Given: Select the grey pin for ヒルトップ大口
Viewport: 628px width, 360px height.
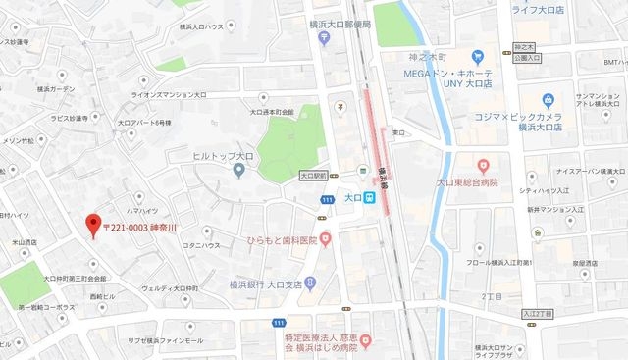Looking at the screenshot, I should coord(237,172).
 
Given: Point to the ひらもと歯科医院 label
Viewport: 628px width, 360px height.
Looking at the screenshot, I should coord(269,240).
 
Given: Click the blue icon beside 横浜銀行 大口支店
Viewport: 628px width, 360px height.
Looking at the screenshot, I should coord(310,283).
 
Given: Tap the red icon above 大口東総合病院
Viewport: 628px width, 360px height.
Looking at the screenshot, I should coord(482,165).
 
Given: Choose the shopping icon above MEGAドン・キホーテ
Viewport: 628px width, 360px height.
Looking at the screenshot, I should coord(478,58).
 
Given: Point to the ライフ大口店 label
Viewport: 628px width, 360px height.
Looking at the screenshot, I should coord(542,9).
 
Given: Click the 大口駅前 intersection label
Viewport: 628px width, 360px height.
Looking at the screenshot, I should coord(312,177).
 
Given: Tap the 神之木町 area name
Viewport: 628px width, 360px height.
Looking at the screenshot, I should coord(429,57).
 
